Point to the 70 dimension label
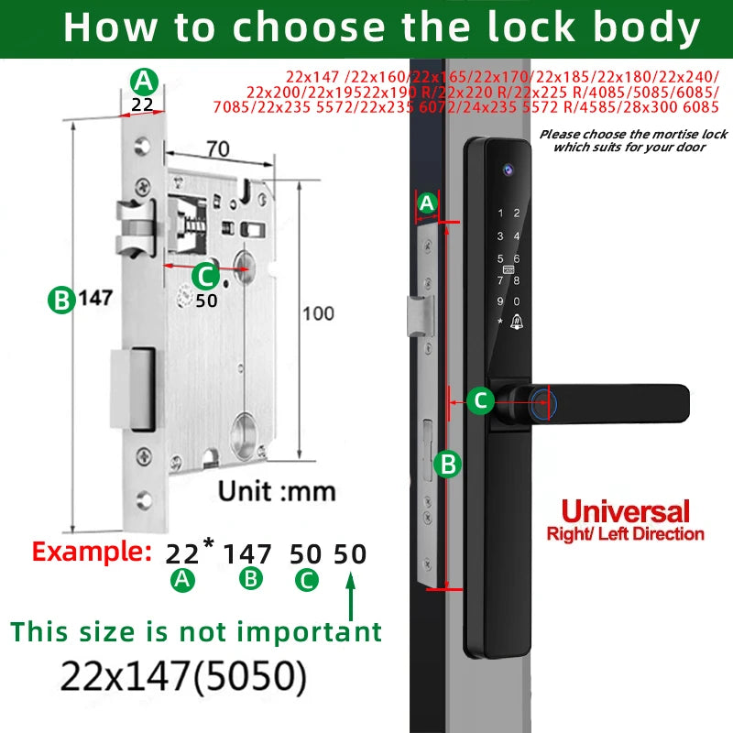tap(217, 147)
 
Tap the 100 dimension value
tap(318, 313)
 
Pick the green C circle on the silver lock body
tap(204, 274)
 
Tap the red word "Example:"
tap(92, 552)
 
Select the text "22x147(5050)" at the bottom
tap(183, 676)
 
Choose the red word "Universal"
tap(625, 511)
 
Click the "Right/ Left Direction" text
tap(625, 533)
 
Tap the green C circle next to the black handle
tap(481, 400)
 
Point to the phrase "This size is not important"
tap(196, 631)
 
